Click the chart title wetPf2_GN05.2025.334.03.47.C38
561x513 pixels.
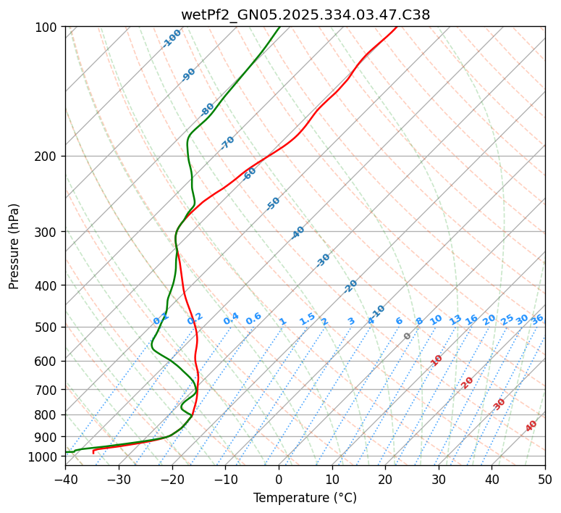[305, 14]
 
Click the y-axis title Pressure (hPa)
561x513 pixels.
[14, 246]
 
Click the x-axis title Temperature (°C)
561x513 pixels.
[305, 498]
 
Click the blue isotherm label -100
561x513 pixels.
[172, 38]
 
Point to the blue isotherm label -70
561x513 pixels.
[227, 143]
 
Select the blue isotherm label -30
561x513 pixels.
[323, 260]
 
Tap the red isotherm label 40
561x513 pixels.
[531, 426]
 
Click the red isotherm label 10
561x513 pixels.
[436, 360]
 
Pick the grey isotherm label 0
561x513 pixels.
[408, 336]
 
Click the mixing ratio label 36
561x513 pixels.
[537, 320]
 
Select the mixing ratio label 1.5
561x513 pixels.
[308, 318]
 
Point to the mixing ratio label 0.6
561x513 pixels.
[253, 320]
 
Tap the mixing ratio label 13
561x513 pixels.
[455, 320]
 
